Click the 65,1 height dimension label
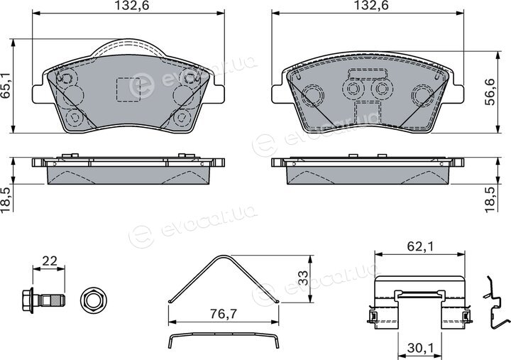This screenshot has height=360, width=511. point(6,86)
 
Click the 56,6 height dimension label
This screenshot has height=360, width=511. point(490,92)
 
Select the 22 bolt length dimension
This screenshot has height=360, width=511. point(49,261)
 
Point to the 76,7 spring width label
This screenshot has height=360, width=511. point(224,314)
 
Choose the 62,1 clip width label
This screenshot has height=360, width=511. point(420,246)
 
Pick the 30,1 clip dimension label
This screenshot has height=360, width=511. point(419,349)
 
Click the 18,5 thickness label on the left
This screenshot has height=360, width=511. point(6,200)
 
